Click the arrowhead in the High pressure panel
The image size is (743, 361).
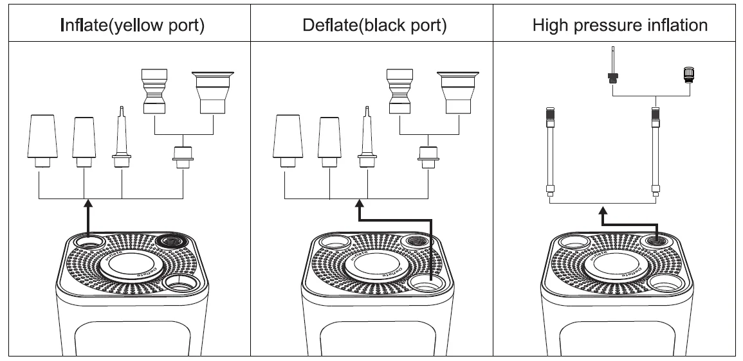coord(603,211)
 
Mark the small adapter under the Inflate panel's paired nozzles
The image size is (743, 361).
coord(183,156)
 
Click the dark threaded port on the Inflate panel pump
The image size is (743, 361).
coord(170,242)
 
